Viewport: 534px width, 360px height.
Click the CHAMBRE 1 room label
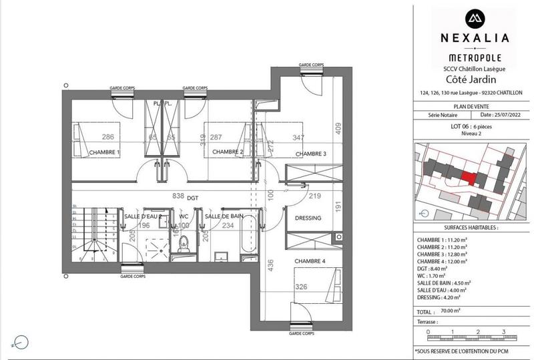104,152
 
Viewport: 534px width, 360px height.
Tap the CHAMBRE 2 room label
227,152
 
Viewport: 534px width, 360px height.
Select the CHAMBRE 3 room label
311,154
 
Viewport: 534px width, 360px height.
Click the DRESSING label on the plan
308,218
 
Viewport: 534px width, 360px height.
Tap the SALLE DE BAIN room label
224,216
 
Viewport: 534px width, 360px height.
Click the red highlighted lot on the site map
470,178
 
